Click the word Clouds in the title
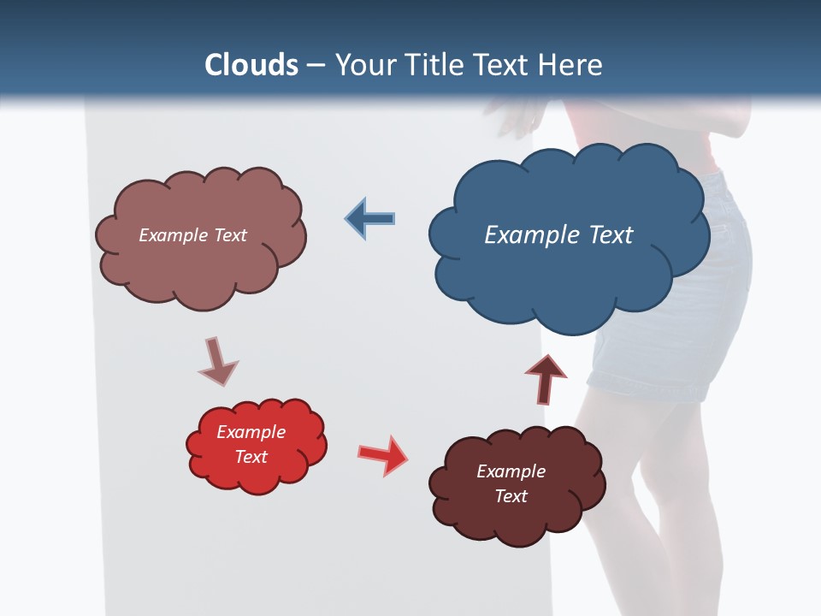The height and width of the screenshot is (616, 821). click(251, 65)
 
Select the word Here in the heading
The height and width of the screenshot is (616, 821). click(573, 65)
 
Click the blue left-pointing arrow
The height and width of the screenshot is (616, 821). click(370, 219)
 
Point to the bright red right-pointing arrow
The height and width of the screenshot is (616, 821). click(383, 454)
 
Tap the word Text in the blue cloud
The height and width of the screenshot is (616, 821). click(611, 235)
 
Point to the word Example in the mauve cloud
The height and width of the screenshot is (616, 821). click(174, 235)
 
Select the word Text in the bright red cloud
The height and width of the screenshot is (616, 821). click(251, 457)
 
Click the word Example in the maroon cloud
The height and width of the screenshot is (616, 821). click(511, 471)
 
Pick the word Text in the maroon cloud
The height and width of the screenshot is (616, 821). click(511, 496)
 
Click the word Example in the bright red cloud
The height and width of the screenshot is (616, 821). click(251, 432)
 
